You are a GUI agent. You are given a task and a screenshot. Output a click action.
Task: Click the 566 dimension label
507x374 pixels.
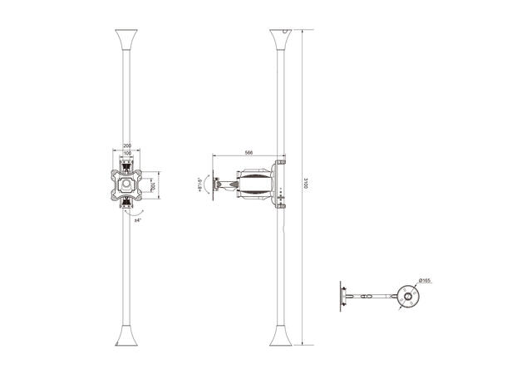[249, 152]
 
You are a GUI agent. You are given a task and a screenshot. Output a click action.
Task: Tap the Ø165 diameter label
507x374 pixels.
[425, 282]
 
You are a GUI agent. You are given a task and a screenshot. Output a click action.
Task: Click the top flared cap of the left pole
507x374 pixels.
[126, 40]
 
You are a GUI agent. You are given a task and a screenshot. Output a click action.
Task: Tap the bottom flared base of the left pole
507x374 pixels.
[126, 336]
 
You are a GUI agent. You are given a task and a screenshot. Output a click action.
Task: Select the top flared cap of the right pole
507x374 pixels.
[281, 40]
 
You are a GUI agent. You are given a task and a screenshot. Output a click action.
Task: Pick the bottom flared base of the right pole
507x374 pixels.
[281, 336]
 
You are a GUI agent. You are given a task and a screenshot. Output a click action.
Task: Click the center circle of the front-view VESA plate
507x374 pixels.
[127, 183]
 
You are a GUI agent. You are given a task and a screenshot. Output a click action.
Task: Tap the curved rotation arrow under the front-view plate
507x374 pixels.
[127, 213]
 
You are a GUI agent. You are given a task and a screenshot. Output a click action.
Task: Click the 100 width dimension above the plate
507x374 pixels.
[127, 154]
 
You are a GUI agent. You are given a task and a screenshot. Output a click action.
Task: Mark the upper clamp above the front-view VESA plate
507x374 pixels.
[127, 164]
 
